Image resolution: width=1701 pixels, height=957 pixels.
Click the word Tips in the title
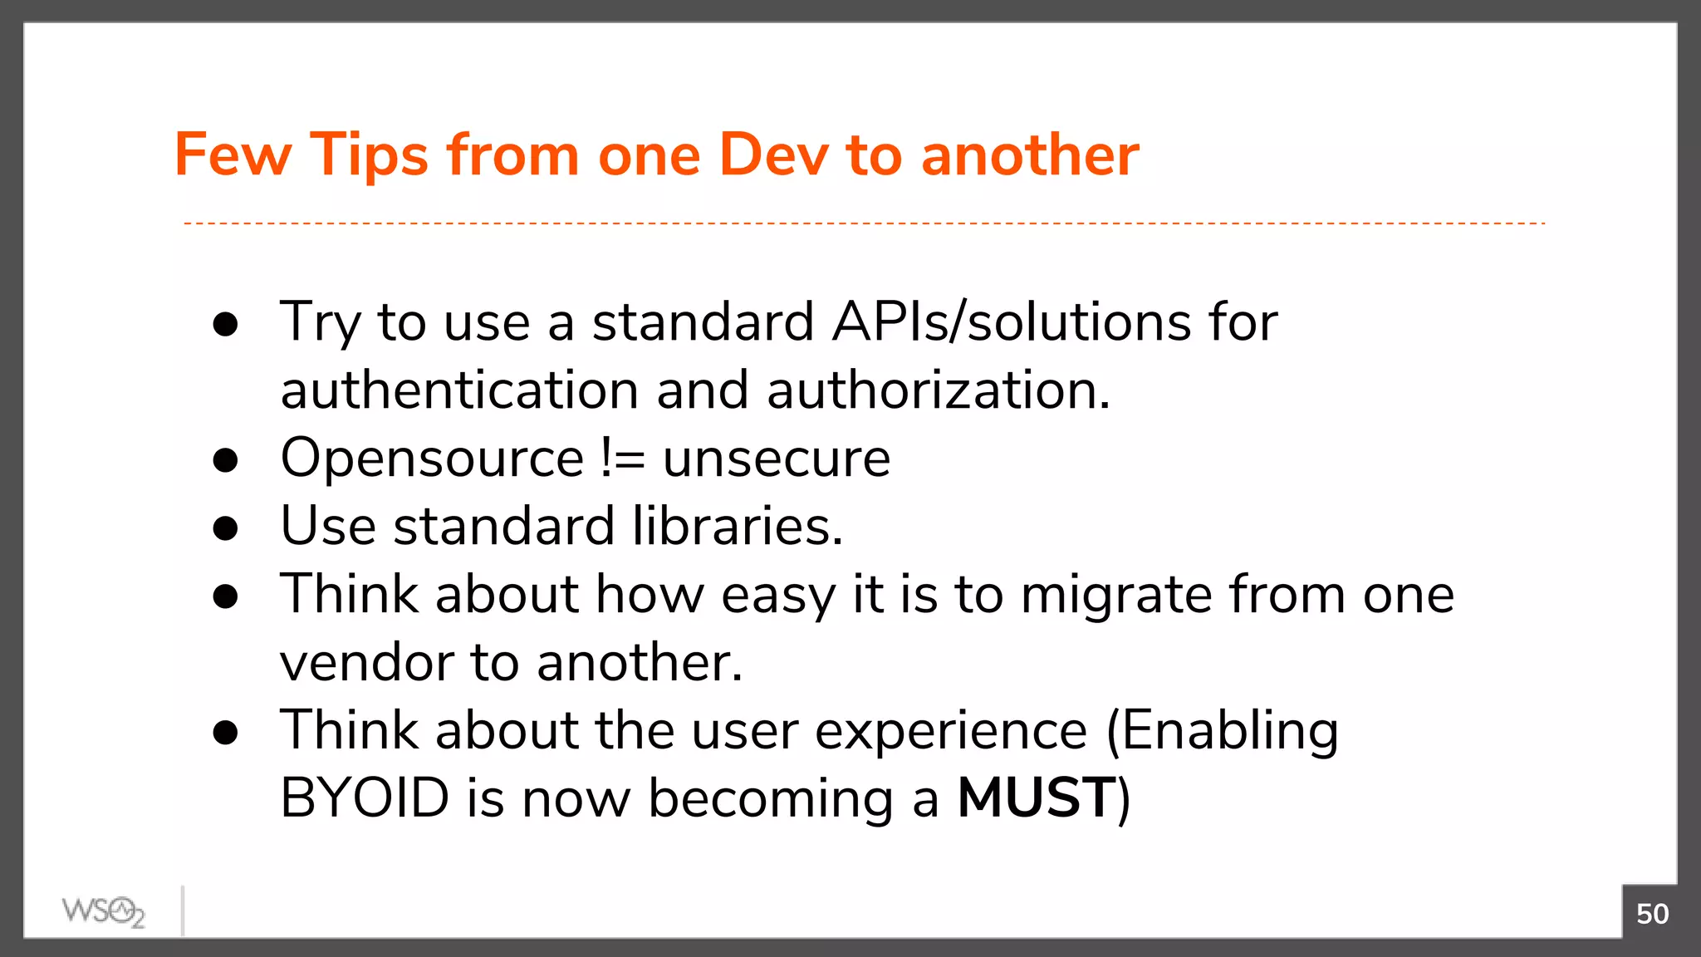click(369, 155)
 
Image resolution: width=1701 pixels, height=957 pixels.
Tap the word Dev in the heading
click(773, 155)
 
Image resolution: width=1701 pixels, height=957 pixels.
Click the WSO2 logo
click(103, 912)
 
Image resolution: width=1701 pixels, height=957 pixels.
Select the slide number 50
click(1651, 914)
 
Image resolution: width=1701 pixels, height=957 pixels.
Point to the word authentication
click(459, 390)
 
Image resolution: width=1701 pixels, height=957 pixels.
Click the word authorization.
click(938, 390)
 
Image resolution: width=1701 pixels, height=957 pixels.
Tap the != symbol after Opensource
click(622, 459)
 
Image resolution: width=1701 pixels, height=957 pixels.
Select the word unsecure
click(777, 459)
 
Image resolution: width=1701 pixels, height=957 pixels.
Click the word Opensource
click(432, 459)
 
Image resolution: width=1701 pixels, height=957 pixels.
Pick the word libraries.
click(737, 527)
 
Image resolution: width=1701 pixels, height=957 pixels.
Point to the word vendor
click(366, 663)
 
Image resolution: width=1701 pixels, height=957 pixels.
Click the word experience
click(950, 731)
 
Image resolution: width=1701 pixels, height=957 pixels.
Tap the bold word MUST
click(1035, 798)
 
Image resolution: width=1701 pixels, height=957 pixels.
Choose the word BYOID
click(365, 798)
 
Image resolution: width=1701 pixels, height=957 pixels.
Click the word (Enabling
click(1222, 731)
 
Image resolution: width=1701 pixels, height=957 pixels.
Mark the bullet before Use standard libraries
click(225, 528)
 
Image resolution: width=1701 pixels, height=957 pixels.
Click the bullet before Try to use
click(225, 324)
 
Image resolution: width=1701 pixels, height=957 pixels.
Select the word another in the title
click(1030, 155)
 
